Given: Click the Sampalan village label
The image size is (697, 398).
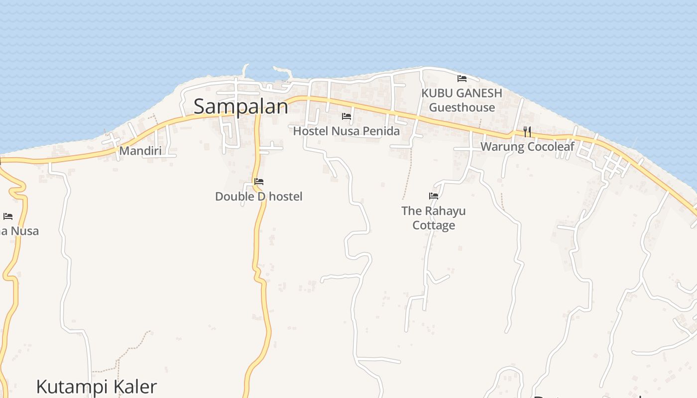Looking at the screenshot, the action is click(x=240, y=106).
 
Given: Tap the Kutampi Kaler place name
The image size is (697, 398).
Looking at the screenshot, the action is click(x=97, y=387).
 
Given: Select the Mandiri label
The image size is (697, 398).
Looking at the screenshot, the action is click(x=140, y=151).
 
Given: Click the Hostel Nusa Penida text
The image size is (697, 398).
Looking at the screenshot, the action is click(x=346, y=131).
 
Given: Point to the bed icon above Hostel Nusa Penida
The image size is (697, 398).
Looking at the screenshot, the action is click(x=347, y=117).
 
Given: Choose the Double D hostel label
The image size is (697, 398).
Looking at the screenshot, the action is click(x=258, y=197).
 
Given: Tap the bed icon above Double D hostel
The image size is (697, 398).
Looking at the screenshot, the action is click(x=259, y=182).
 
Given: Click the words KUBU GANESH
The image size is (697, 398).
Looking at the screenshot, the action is click(x=462, y=93).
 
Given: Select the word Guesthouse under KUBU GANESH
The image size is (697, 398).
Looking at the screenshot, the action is click(x=462, y=107).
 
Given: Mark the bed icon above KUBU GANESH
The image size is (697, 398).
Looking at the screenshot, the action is click(x=462, y=79).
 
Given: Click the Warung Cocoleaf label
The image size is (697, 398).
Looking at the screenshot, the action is click(x=527, y=147).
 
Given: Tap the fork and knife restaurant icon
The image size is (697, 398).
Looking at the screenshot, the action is click(x=527, y=132).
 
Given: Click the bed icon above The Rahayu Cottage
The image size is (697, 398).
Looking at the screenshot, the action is click(x=434, y=196).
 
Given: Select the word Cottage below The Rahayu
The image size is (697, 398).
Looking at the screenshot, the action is click(x=434, y=225).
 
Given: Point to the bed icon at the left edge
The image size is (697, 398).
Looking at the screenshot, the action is click(x=8, y=216).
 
